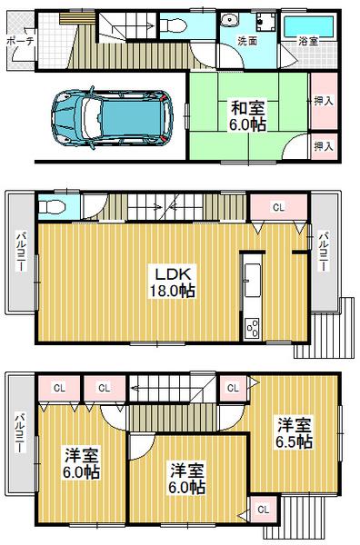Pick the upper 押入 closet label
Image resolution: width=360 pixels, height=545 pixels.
point(322,102)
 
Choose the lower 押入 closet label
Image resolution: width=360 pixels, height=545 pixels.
point(322,145)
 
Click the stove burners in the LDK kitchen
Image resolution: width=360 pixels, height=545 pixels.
point(252,323)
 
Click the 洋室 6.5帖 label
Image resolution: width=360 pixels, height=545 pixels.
point(293,431)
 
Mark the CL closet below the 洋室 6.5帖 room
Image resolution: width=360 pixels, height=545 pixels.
point(263,510)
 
